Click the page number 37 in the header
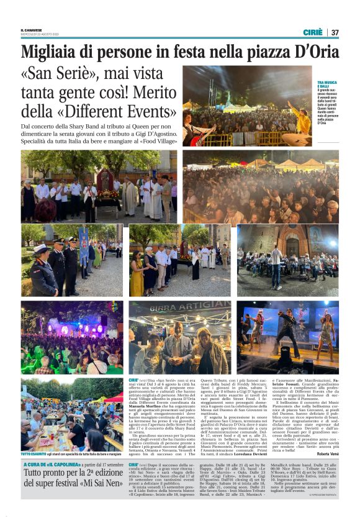[335, 32]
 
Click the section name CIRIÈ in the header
[313, 32]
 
